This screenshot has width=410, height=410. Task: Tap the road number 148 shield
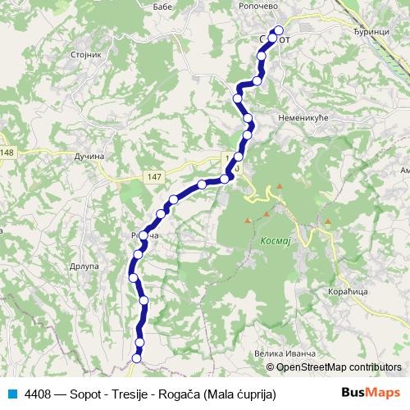[x=7, y=153]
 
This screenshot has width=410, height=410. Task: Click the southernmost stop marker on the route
[x=137, y=357]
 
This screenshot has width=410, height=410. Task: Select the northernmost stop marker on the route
[x=280, y=32]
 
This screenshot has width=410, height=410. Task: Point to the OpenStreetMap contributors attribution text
[x=339, y=367]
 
